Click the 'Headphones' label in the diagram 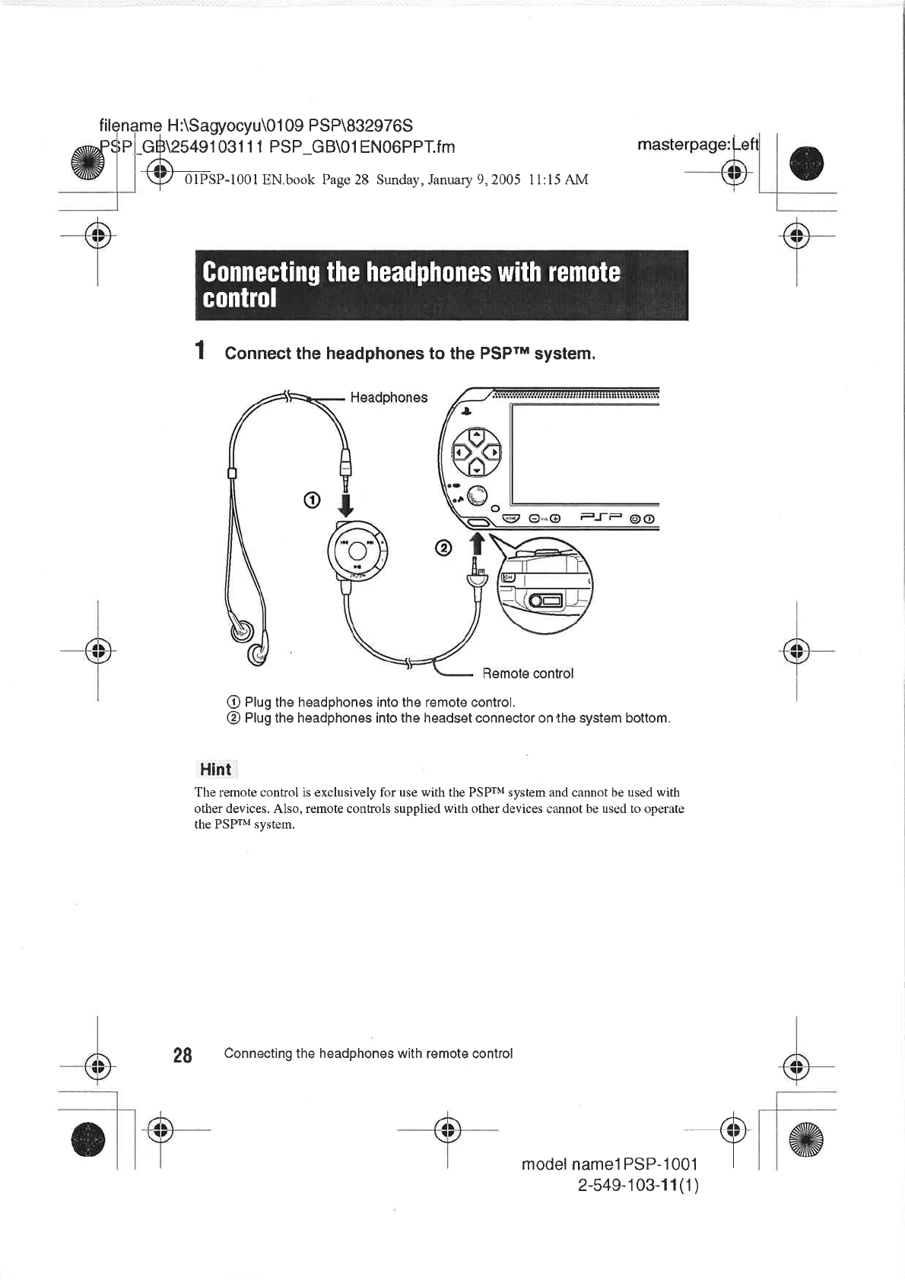coord(389,398)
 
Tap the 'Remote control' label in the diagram coord(528,674)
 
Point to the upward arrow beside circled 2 coord(477,544)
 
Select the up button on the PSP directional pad coord(477,437)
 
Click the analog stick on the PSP coord(478,495)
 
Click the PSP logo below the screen coord(602,519)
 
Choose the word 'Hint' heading coord(215,770)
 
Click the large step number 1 coord(200,351)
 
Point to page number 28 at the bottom coord(183,1055)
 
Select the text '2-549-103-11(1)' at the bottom coord(638,1186)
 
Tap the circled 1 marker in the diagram coord(310,500)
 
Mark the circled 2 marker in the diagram coord(443,548)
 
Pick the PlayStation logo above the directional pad coord(466,411)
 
